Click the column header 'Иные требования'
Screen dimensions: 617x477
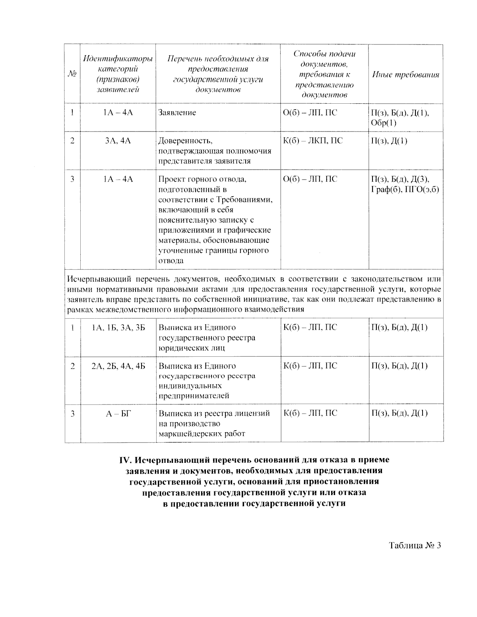[x=405, y=75]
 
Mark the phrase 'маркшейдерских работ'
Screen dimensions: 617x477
[x=202, y=433]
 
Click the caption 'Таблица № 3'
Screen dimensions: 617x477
[x=415, y=545]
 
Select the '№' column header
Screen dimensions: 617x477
[x=72, y=74]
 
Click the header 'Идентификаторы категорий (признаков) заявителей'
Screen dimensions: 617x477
[x=118, y=74]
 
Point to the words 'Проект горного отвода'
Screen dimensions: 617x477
[x=202, y=179]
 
